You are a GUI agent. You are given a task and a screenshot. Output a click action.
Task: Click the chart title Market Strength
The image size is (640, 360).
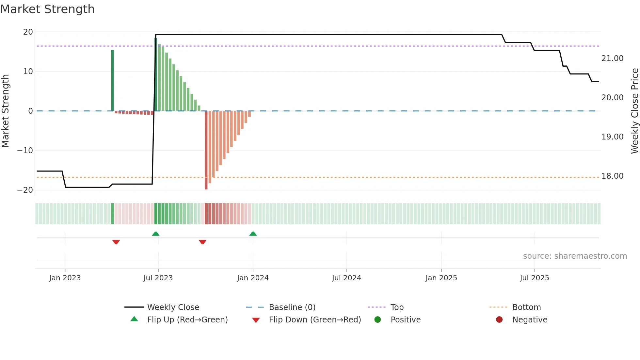(47, 9)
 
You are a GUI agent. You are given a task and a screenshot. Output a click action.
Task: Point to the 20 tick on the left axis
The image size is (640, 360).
(28, 32)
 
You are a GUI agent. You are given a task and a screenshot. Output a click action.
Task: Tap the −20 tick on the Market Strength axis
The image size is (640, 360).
(25, 190)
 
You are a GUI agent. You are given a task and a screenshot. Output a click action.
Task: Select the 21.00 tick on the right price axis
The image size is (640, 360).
(612, 58)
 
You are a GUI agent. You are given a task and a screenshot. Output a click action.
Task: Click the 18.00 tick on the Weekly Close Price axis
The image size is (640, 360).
(612, 176)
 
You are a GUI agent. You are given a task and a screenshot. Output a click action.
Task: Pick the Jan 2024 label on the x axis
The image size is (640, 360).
(253, 278)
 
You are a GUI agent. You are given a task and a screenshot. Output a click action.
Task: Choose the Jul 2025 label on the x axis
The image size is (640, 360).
(535, 278)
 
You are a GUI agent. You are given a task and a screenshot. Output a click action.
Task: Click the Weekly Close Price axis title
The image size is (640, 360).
(634, 111)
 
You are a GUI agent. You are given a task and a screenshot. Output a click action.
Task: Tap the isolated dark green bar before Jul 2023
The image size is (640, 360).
(113, 80)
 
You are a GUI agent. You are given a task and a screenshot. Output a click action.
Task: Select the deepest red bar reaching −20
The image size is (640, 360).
(206, 150)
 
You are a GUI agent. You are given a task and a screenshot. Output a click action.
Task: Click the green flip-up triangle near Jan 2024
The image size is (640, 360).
(253, 234)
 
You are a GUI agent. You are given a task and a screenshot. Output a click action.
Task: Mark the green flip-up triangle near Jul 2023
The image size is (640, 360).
(156, 234)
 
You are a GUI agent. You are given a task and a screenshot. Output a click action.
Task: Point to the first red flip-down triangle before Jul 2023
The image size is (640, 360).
(116, 242)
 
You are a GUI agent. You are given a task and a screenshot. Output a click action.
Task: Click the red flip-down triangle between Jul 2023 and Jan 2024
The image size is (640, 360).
(202, 242)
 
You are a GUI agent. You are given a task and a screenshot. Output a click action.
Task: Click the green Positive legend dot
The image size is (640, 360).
(378, 320)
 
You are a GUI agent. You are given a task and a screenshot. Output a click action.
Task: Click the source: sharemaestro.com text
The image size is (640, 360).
(575, 256)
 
